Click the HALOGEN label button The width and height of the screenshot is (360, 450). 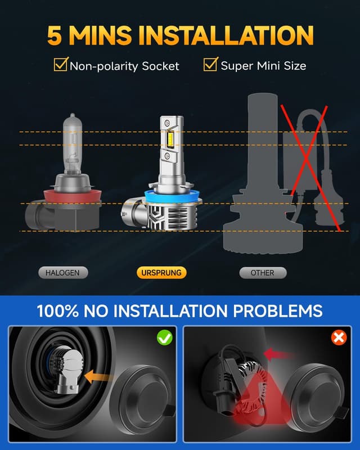66,273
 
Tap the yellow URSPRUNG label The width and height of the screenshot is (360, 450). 161,273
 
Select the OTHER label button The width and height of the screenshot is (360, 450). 262,273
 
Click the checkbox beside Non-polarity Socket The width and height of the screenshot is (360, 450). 61,65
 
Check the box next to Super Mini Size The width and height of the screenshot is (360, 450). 210,65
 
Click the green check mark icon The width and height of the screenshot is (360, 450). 164,337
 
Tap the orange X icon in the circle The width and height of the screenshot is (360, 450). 339,337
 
